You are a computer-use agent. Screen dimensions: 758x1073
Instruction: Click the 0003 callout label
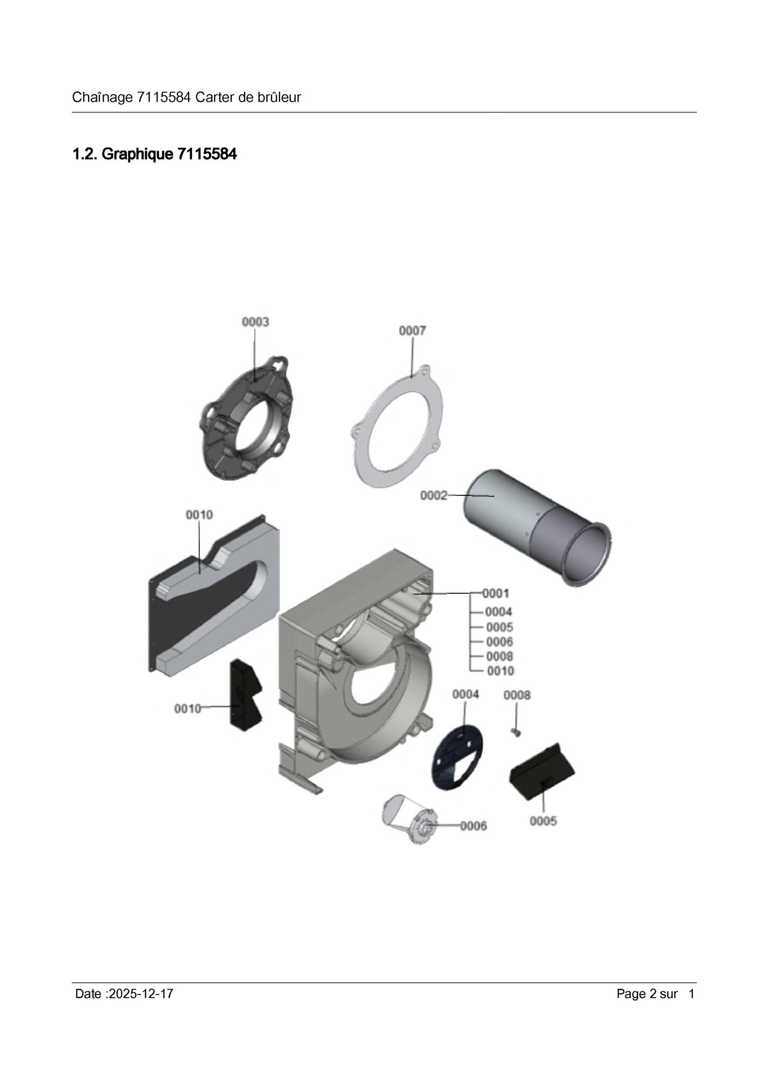click(x=255, y=322)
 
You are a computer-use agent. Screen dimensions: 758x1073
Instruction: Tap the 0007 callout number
click(x=412, y=331)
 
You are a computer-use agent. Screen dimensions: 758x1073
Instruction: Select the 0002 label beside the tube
click(x=434, y=495)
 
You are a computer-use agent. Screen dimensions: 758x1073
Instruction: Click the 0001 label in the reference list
click(x=496, y=593)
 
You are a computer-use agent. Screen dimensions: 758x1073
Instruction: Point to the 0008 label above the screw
click(x=517, y=695)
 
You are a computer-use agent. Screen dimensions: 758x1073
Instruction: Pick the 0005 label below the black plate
click(x=544, y=821)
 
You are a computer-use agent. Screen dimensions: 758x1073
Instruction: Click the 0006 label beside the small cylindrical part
click(x=474, y=826)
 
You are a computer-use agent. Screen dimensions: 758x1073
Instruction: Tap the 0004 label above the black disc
click(x=466, y=694)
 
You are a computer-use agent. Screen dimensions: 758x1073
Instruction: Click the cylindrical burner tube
click(x=538, y=527)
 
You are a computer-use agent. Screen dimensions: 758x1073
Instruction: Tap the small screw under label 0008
click(x=517, y=732)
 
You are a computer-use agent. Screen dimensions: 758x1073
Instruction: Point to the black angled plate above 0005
click(x=542, y=772)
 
